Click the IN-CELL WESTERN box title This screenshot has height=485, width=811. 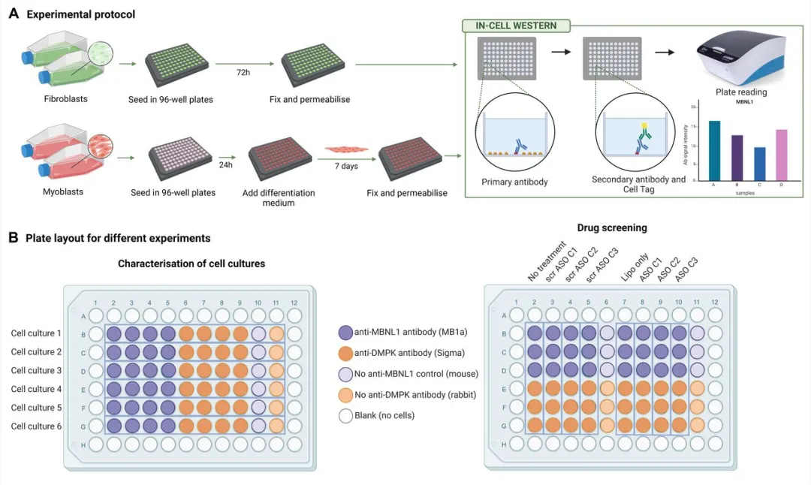click(516, 26)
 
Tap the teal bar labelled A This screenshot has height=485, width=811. click(714, 150)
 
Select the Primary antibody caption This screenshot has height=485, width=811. click(514, 182)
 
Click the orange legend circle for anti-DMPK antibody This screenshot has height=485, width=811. click(345, 352)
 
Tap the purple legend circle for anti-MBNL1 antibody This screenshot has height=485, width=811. click(345, 331)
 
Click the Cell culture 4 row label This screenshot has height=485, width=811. click(36, 389)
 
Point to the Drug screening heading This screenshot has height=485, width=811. click(611, 227)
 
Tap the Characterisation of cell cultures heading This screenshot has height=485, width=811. click(191, 264)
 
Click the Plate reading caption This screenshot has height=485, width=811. click(740, 92)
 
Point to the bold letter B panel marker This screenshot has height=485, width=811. click(13, 237)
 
